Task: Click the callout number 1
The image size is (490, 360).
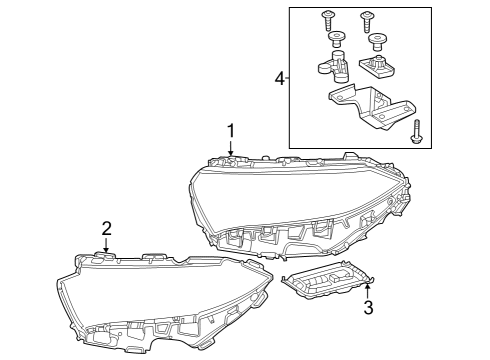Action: click(x=231, y=131)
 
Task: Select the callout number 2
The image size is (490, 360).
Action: click(x=106, y=229)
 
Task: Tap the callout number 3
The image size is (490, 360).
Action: click(x=368, y=307)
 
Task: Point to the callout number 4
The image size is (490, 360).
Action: click(x=280, y=79)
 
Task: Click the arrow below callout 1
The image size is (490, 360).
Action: click(x=231, y=148)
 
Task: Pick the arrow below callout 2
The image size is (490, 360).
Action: click(x=106, y=245)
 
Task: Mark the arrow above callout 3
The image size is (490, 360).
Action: click(x=367, y=290)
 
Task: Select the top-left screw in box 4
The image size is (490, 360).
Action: click(x=327, y=21)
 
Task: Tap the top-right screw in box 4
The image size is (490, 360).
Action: click(x=366, y=21)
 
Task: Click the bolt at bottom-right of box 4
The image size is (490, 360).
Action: click(x=415, y=132)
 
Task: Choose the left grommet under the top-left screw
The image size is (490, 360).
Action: click(x=336, y=40)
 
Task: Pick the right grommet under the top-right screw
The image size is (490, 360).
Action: click(x=377, y=42)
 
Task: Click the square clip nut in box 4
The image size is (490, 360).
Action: click(x=377, y=66)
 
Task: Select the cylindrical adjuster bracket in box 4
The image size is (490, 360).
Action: click(x=334, y=66)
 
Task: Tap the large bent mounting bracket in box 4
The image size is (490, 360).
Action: click(x=372, y=106)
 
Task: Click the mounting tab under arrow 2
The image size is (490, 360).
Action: click(x=104, y=256)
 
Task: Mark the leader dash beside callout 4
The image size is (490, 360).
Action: click(x=287, y=79)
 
